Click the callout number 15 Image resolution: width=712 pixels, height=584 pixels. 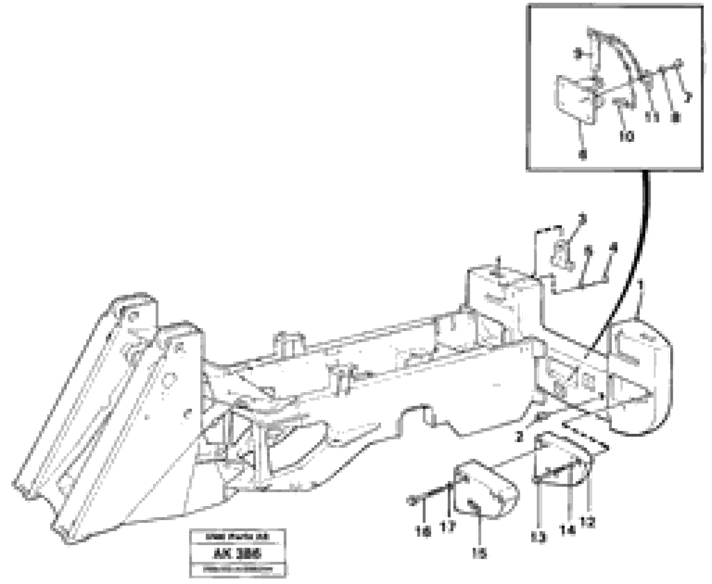(479, 553)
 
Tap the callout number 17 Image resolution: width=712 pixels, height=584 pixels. (448, 526)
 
